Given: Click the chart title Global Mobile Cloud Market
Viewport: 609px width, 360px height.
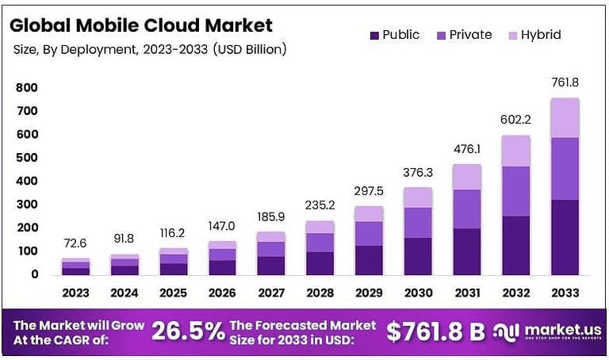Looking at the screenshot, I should click(x=141, y=25).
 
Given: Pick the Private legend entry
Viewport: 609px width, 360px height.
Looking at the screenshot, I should click(x=463, y=35).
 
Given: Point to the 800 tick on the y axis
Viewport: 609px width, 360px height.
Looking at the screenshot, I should click(x=28, y=88).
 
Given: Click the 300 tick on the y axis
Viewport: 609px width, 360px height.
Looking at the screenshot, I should click(x=28, y=205).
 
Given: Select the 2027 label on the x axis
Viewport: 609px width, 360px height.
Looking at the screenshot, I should click(x=271, y=293).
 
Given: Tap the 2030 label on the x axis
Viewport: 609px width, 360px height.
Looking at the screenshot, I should click(x=418, y=293).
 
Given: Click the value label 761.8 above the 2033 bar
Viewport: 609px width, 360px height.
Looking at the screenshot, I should click(x=564, y=82).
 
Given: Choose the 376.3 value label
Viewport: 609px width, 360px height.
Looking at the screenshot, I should click(x=418, y=173).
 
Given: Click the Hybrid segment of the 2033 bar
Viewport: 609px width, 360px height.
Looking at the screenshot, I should click(x=564, y=117).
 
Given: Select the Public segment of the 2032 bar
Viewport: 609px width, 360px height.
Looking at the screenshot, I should click(x=515, y=245).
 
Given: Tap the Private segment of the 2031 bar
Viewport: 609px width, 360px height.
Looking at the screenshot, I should click(x=466, y=209).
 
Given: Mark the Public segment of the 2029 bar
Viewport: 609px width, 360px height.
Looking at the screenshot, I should click(x=369, y=260).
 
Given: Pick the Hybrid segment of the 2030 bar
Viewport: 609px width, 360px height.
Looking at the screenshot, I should click(x=418, y=197).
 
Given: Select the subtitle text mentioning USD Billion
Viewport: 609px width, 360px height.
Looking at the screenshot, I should click(x=151, y=49).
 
